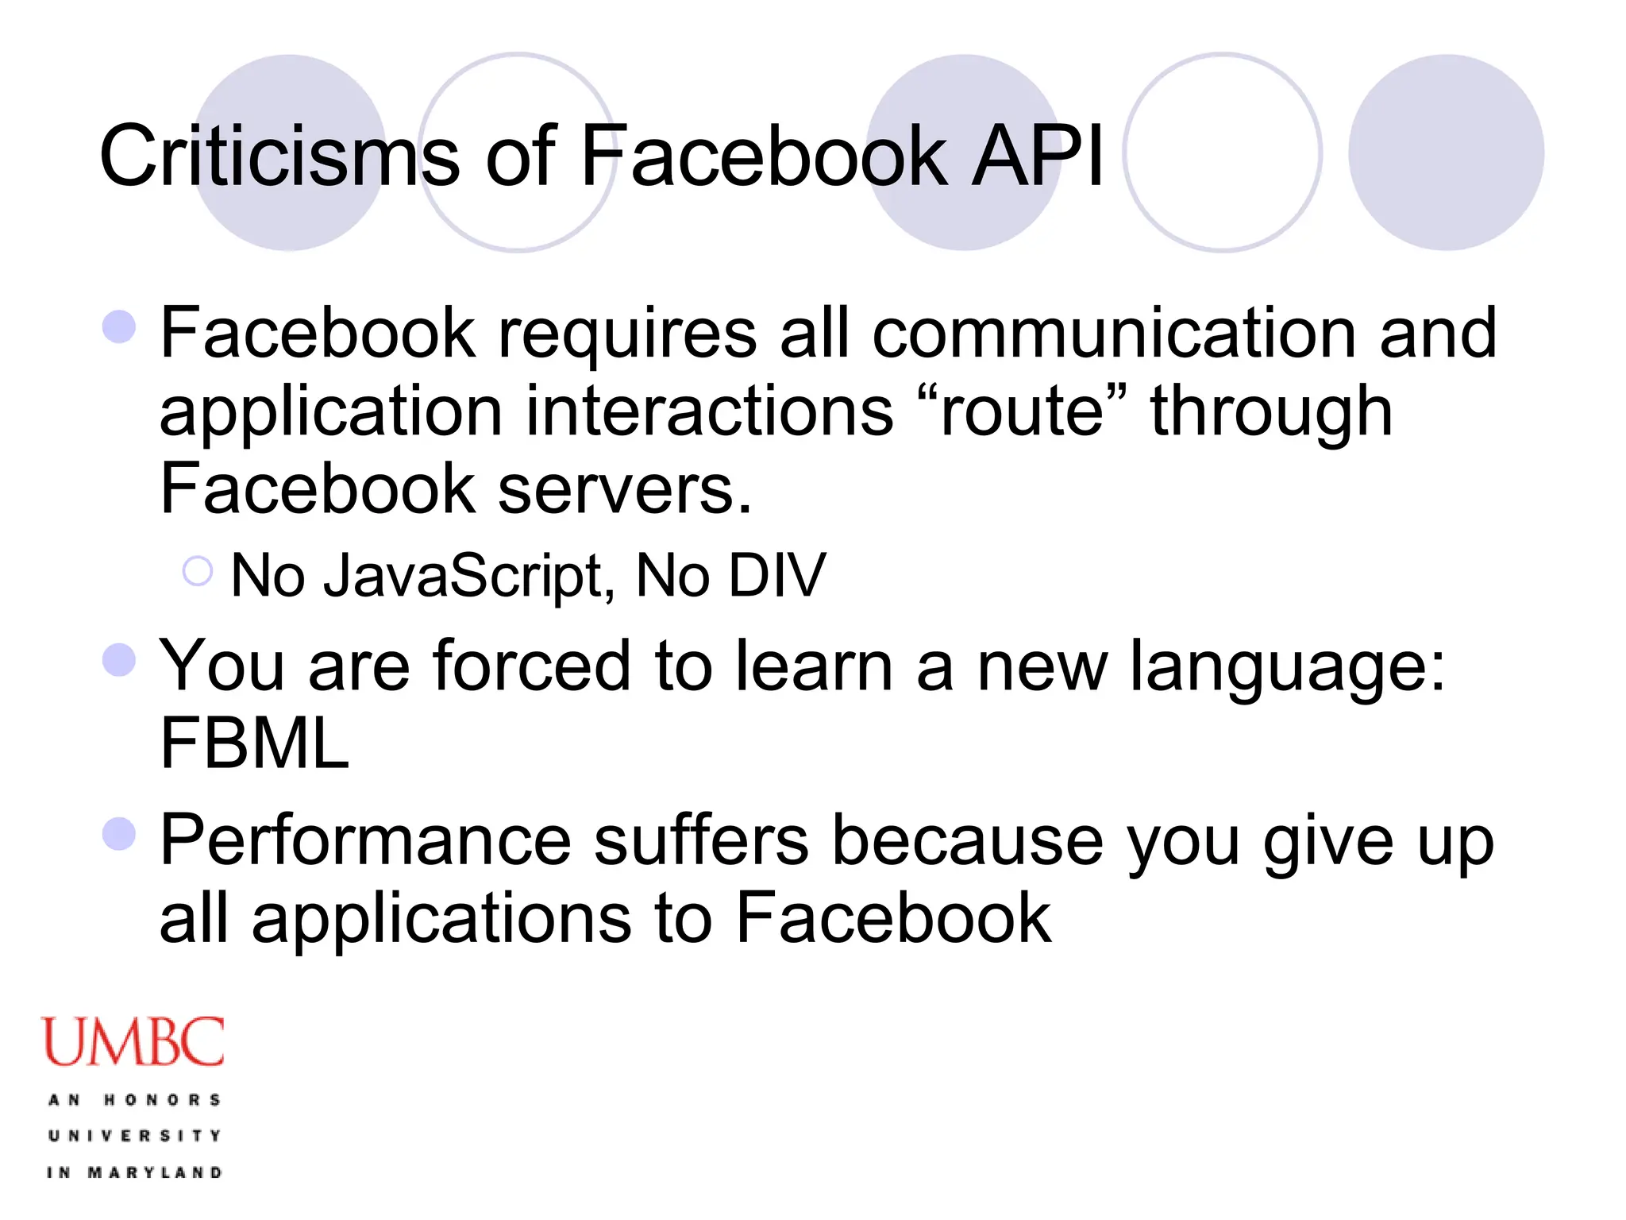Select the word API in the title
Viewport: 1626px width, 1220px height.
point(1038,156)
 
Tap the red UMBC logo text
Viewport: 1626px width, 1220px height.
point(133,1041)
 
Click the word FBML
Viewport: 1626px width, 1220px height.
point(254,743)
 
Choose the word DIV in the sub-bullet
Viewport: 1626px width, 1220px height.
point(777,575)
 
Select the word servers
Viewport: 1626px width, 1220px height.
point(624,489)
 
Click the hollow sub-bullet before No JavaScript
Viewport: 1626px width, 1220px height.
point(197,571)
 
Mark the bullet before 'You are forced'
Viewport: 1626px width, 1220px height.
point(120,659)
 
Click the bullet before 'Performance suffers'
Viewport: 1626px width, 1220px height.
point(120,834)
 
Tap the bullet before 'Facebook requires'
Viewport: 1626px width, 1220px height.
point(120,326)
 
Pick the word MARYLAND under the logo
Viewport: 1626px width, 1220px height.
point(155,1172)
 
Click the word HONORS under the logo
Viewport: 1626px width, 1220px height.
point(163,1100)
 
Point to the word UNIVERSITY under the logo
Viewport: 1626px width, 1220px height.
point(134,1136)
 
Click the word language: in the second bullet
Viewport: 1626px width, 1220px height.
point(1287,667)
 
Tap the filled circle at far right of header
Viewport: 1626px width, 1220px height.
point(1446,152)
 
